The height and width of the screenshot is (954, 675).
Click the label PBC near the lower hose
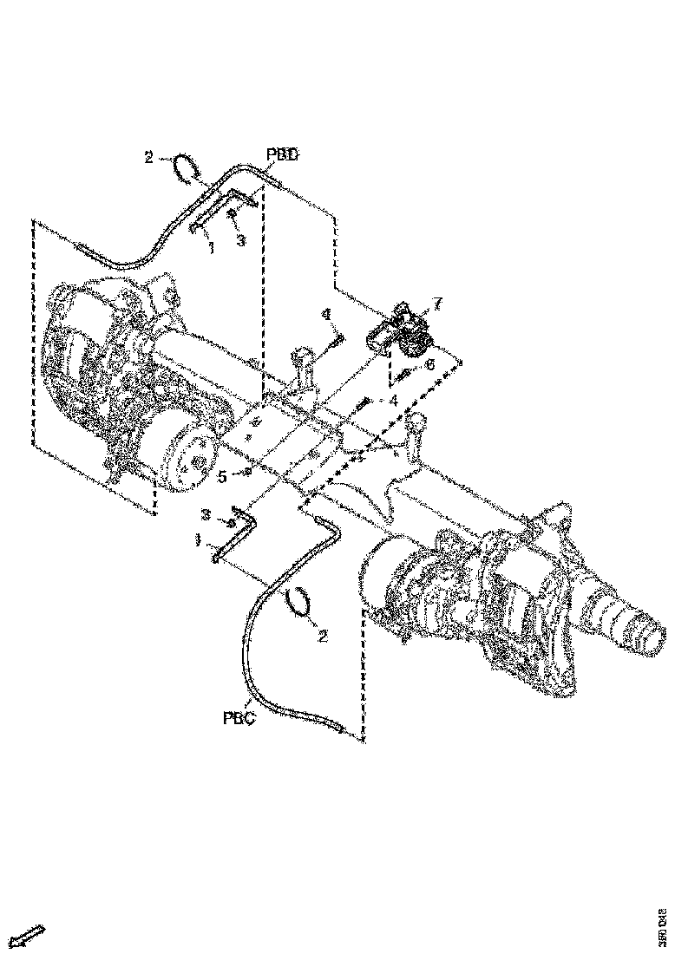[239, 717]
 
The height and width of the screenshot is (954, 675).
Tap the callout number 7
[438, 304]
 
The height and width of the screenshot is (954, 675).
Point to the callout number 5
[222, 475]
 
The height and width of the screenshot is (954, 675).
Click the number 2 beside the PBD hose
[148, 157]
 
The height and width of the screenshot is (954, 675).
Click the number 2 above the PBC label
[323, 637]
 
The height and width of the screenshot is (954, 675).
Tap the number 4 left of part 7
[326, 314]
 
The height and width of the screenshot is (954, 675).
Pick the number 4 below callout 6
[393, 401]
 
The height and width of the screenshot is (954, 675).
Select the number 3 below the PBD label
[241, 242]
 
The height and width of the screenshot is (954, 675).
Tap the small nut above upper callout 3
[232, 212]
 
